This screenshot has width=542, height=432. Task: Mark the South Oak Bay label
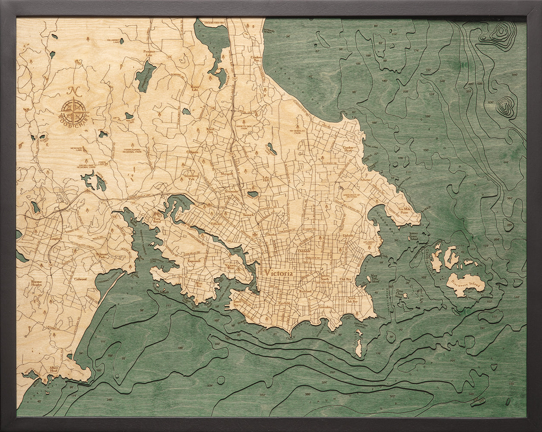tap(352, 300)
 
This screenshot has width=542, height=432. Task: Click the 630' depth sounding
tap(490, 103)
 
